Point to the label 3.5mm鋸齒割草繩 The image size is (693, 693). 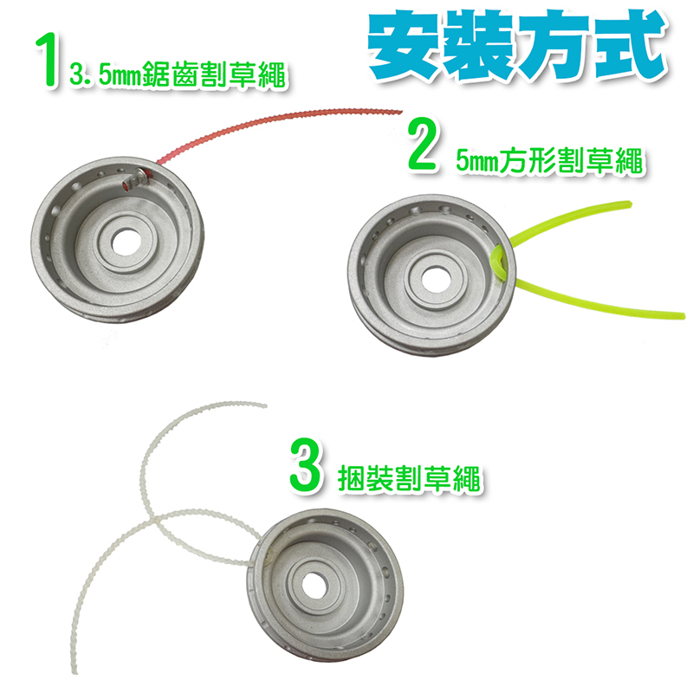point(178,75)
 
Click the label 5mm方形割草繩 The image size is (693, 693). point(549,160)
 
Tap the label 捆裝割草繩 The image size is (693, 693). point(409,478)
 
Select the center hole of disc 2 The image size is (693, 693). point(436,279)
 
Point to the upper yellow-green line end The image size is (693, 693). point(630,204)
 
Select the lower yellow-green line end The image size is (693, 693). point(683,315)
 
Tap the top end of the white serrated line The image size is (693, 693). point(265,405)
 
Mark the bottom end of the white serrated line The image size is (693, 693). point(74,670)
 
